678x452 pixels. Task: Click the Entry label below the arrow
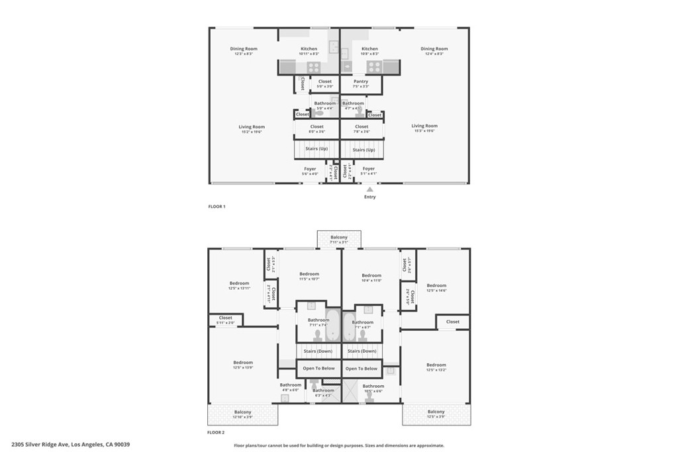(x=369, y=197)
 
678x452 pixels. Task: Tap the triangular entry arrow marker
(x=369, y=189)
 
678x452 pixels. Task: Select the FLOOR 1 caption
(x=217, y=206)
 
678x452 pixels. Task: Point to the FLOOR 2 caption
(x=217, y=432)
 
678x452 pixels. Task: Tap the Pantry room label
(x=361, y=81)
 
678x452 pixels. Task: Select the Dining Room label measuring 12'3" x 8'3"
(x=243, y=49)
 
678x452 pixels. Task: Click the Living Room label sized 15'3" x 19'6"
(x=424, y=126)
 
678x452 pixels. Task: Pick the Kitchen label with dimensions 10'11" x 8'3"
(x=309, y=49)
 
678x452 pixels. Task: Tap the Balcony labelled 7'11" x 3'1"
(x=339, y=237)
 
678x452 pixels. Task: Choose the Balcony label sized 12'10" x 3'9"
(x=242, y=412)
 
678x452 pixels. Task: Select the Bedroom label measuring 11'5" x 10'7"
(x=309, y=274)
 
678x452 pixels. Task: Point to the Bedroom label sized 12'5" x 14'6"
(x=436, y=286)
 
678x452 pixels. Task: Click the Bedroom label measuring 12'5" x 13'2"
(x=436, y=365)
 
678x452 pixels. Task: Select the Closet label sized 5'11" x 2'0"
(x=226, y=318)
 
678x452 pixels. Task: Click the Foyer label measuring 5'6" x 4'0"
(x=310, y=169)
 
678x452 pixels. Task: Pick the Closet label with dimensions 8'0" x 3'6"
(x=317, y=126)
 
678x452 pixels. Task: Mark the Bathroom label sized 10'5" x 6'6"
(x=373, y=386)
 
